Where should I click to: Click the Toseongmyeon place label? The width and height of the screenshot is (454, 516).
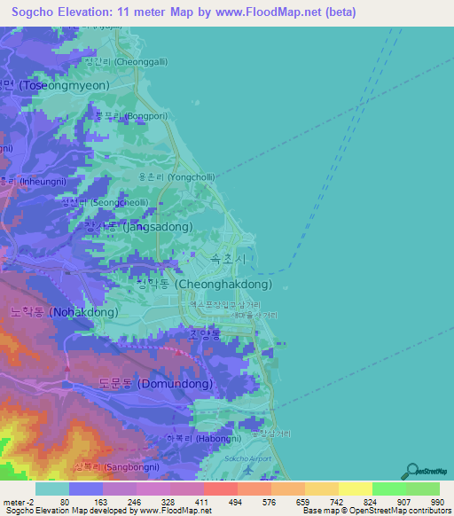(x=59, y=86)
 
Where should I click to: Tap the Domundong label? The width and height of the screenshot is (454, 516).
(x=156, y=384)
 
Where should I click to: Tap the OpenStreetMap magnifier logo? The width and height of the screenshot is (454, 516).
(x=411, y=471)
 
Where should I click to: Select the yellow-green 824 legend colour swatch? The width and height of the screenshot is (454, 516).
(x=355, y=488)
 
